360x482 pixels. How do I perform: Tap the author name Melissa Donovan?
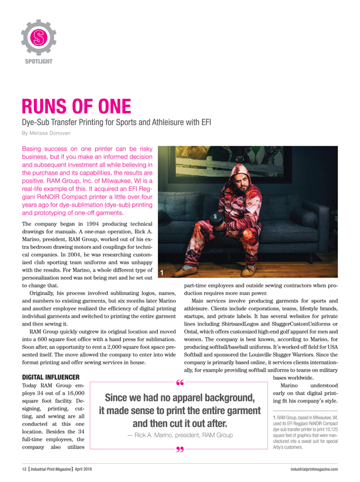tap(51, 133)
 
